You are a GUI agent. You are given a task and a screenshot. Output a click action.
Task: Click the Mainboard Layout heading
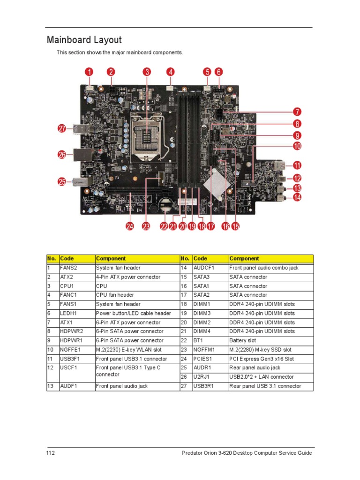(84, 40)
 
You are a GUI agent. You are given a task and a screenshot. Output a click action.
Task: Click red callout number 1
(89, 72)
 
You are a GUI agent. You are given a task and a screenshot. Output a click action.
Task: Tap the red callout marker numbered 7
(297, 112)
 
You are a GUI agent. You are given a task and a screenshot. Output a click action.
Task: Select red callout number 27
(61, 129)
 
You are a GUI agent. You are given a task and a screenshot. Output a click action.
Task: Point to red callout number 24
(129, 226)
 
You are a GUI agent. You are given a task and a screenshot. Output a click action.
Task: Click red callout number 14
(297, 198)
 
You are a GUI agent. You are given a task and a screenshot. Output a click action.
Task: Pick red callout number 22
(164, 226)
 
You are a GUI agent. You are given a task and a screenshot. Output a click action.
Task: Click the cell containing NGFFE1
(71, 350)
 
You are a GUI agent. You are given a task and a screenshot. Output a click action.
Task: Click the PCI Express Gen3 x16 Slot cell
(262, 359)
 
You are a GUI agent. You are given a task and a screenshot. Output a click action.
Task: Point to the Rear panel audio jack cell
(255, 368)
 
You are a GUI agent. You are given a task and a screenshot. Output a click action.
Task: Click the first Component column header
(111, 258)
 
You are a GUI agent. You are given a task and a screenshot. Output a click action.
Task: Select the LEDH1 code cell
(68, 313)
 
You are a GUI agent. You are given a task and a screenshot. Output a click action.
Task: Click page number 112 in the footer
(51, 453)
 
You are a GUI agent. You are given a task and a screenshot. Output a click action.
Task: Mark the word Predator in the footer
(192, 453)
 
